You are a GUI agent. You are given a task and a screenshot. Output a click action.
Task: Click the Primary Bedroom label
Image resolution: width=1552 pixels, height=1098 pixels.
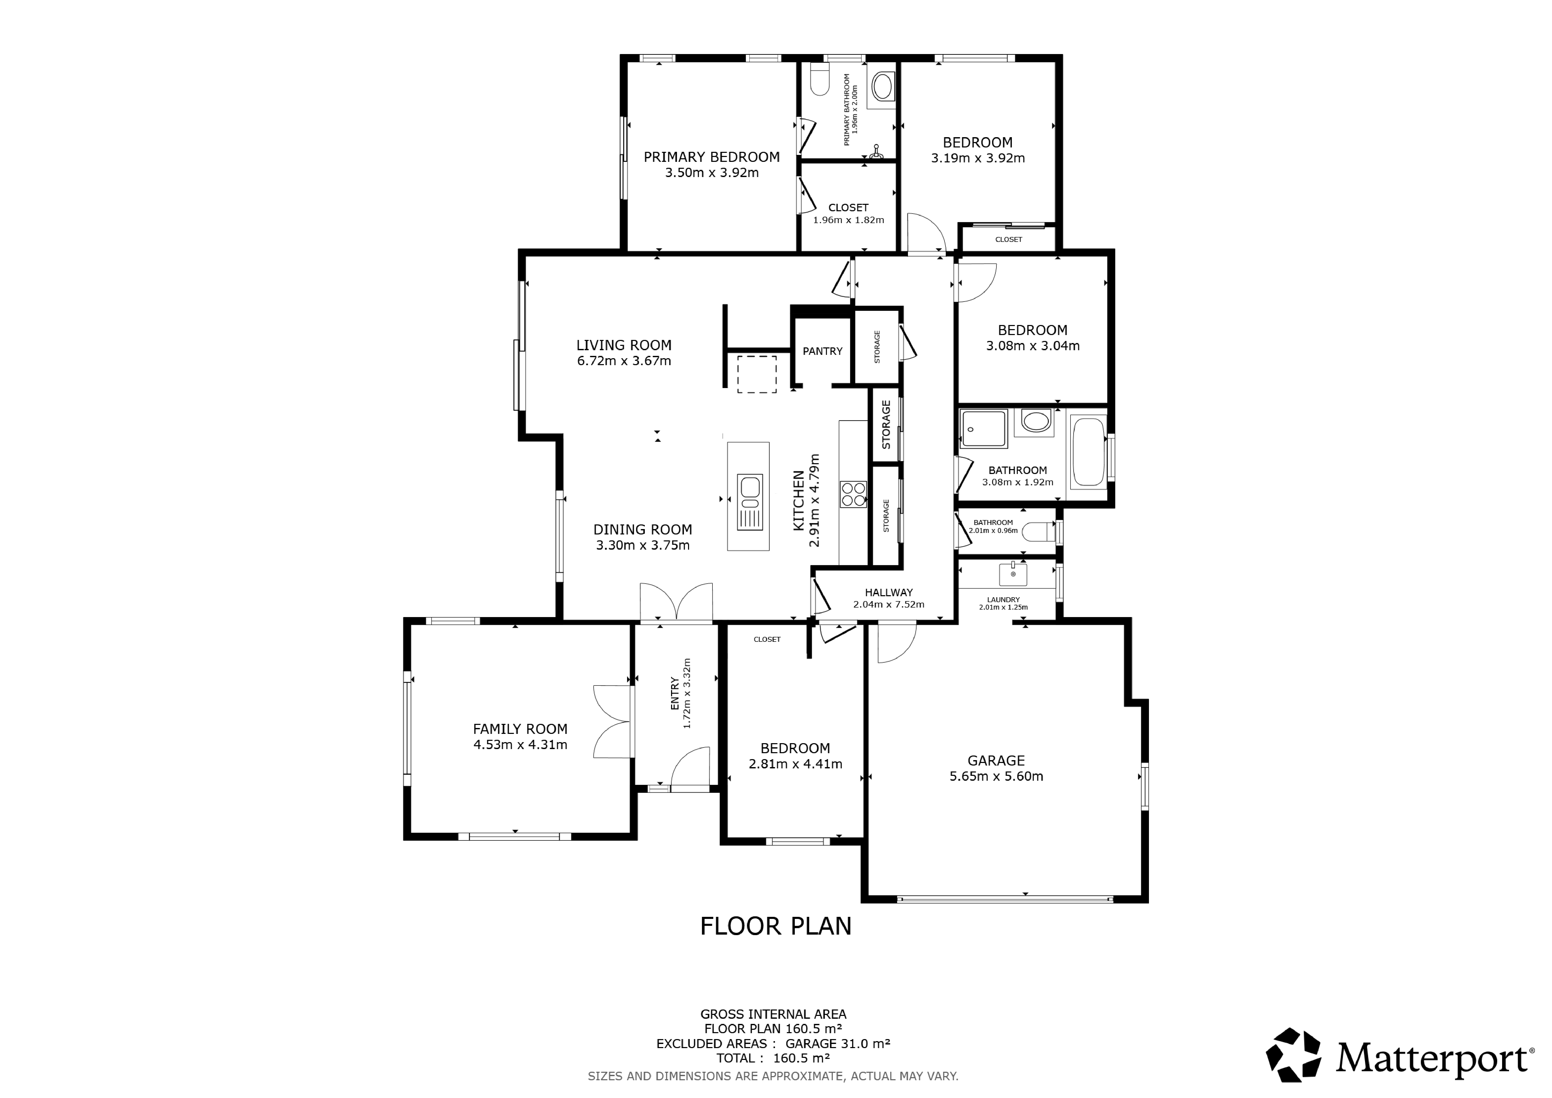coord(712,157)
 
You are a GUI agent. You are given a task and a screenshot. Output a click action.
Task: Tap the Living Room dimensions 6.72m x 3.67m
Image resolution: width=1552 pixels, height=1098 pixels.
coord(624,361)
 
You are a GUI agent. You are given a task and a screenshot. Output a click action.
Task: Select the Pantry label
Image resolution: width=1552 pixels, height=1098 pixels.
coord(823,351)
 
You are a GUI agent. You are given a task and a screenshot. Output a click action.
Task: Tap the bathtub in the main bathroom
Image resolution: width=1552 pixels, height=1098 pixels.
coord(1088,452)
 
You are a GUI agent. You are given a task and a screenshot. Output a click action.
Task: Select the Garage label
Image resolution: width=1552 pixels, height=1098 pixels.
coord(996,761)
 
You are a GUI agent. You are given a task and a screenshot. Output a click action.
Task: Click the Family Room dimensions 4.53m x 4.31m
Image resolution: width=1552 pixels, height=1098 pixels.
coord(521,745)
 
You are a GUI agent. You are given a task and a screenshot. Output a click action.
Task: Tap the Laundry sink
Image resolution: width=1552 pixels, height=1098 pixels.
coord(1013,574)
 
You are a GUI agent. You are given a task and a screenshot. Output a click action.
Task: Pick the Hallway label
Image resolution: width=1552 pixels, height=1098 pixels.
coord(889,592)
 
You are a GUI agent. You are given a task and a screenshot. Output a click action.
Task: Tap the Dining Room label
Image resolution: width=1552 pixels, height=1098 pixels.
coord(643,530)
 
